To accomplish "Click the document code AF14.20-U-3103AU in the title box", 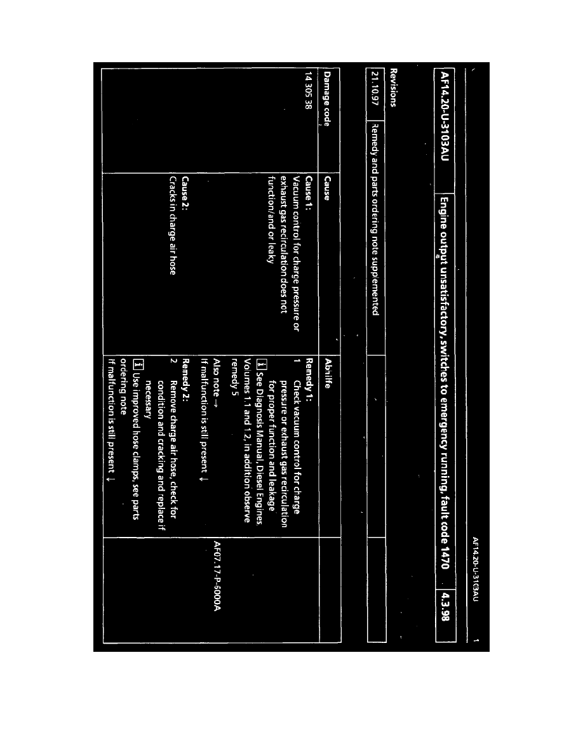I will (x=441, y=121).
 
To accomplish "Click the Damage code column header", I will (x=327, y=103).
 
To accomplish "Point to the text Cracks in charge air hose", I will (x=172, y=221).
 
